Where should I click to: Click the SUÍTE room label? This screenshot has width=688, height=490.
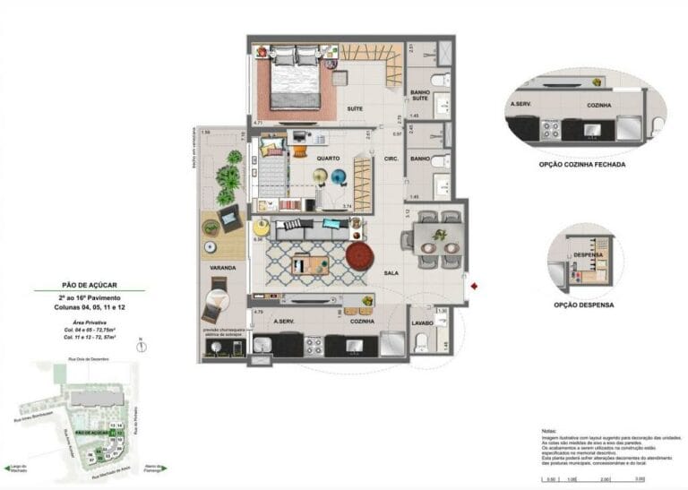point(354,109)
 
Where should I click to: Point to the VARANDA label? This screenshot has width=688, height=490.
point(223,268)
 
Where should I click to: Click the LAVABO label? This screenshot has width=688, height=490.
point(423,321)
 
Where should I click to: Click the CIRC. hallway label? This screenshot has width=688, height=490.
point(391,159)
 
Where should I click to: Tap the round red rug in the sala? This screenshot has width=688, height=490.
point(360,255)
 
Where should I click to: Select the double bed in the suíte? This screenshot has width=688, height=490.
point(295,81)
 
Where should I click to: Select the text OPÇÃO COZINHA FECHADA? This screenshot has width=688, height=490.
point(583,165)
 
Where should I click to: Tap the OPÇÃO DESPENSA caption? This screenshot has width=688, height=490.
point(583,305)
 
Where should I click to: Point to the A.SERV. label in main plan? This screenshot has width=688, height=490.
point(286,321)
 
